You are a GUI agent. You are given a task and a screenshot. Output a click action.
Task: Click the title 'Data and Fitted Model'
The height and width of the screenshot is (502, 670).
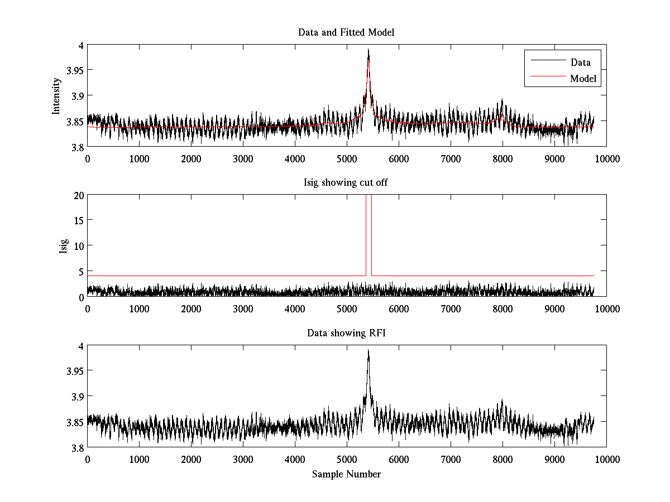tap(346, 32)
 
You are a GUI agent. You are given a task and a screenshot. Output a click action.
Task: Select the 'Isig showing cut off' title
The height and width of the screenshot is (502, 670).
tap(346, 183)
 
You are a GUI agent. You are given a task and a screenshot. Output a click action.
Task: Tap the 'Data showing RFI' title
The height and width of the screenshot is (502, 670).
tap(346, 333)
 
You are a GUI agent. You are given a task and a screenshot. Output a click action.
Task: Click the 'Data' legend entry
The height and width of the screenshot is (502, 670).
tap(580, 62)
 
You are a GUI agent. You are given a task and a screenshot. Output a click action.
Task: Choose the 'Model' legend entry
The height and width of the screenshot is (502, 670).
tap(583, 79)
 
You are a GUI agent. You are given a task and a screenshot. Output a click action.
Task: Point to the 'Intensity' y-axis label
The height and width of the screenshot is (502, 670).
tap(56, 96)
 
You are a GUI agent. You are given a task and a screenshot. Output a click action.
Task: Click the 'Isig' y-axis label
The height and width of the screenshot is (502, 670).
tap(64, 246)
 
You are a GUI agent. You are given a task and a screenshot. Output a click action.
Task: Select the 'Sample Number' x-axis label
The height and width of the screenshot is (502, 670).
tap(346, 474)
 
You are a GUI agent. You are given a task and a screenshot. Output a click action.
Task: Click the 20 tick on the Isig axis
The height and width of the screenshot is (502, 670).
tap(78, 195)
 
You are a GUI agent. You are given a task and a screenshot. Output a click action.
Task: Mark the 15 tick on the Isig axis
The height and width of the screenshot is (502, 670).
tap(78, 220)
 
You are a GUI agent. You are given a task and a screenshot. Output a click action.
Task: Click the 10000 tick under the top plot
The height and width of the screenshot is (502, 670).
tap(606, 159)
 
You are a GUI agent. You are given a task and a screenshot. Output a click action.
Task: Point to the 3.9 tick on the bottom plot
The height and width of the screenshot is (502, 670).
tap(77, 397)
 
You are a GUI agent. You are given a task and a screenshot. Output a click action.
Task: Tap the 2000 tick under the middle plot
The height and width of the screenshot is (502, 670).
tap(191, 309)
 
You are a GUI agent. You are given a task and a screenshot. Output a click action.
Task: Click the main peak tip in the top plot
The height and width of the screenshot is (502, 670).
tap(368, 50)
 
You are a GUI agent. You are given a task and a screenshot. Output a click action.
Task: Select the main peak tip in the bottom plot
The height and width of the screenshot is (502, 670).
tap(368, 350)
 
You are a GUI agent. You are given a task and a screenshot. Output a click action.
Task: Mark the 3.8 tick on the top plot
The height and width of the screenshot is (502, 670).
tap(77, 147)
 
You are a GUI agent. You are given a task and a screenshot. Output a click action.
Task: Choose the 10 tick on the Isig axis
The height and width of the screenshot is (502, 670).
tap(78, 246)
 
